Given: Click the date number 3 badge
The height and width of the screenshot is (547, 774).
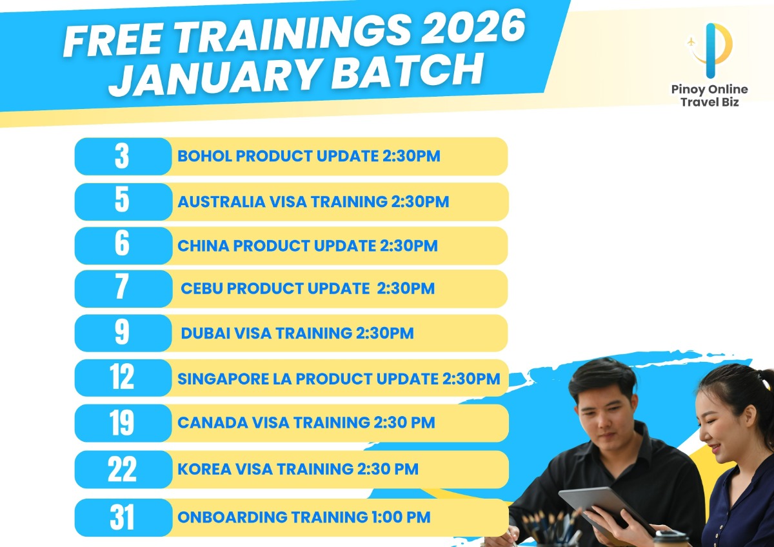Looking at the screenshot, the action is click(123, 156).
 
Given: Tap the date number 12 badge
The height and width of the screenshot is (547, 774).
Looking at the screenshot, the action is click(123, 378).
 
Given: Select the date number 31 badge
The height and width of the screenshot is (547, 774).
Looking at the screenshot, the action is click(123, 517).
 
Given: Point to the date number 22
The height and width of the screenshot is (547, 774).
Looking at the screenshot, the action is click(122, 469).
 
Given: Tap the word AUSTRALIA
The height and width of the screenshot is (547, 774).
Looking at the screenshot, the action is click(221, 202).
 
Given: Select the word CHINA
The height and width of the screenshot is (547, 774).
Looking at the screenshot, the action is click(203, 246).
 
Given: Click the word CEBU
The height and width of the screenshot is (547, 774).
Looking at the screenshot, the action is click(202, 288).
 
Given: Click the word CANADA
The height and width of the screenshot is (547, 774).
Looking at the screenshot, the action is click(212, 423).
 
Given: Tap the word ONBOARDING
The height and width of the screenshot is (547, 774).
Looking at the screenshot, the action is click(232, 517).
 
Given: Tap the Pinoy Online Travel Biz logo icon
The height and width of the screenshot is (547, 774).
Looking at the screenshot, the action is click(709, 50).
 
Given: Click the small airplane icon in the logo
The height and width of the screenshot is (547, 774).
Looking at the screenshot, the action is click(691, 42).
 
